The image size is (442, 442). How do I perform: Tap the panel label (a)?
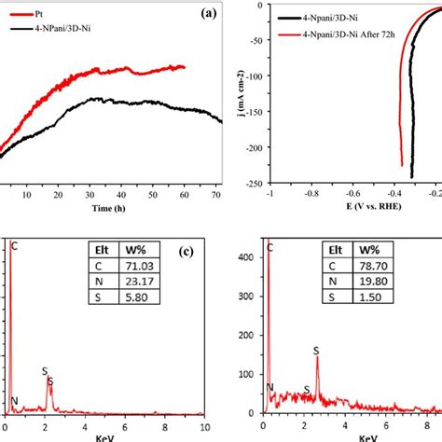pos(208,14)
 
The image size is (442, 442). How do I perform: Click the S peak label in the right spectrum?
pos(315,351)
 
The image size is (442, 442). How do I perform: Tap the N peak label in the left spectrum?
pos(14,402)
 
